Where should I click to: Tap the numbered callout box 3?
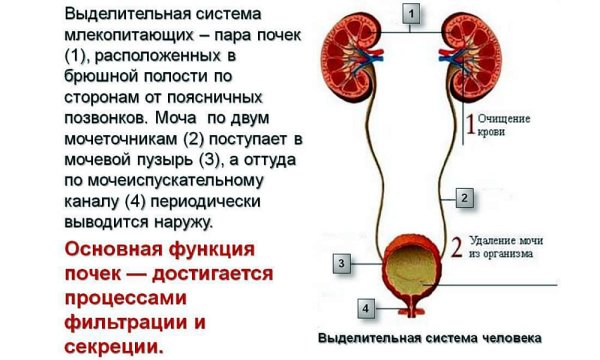[x=341, y=263]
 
